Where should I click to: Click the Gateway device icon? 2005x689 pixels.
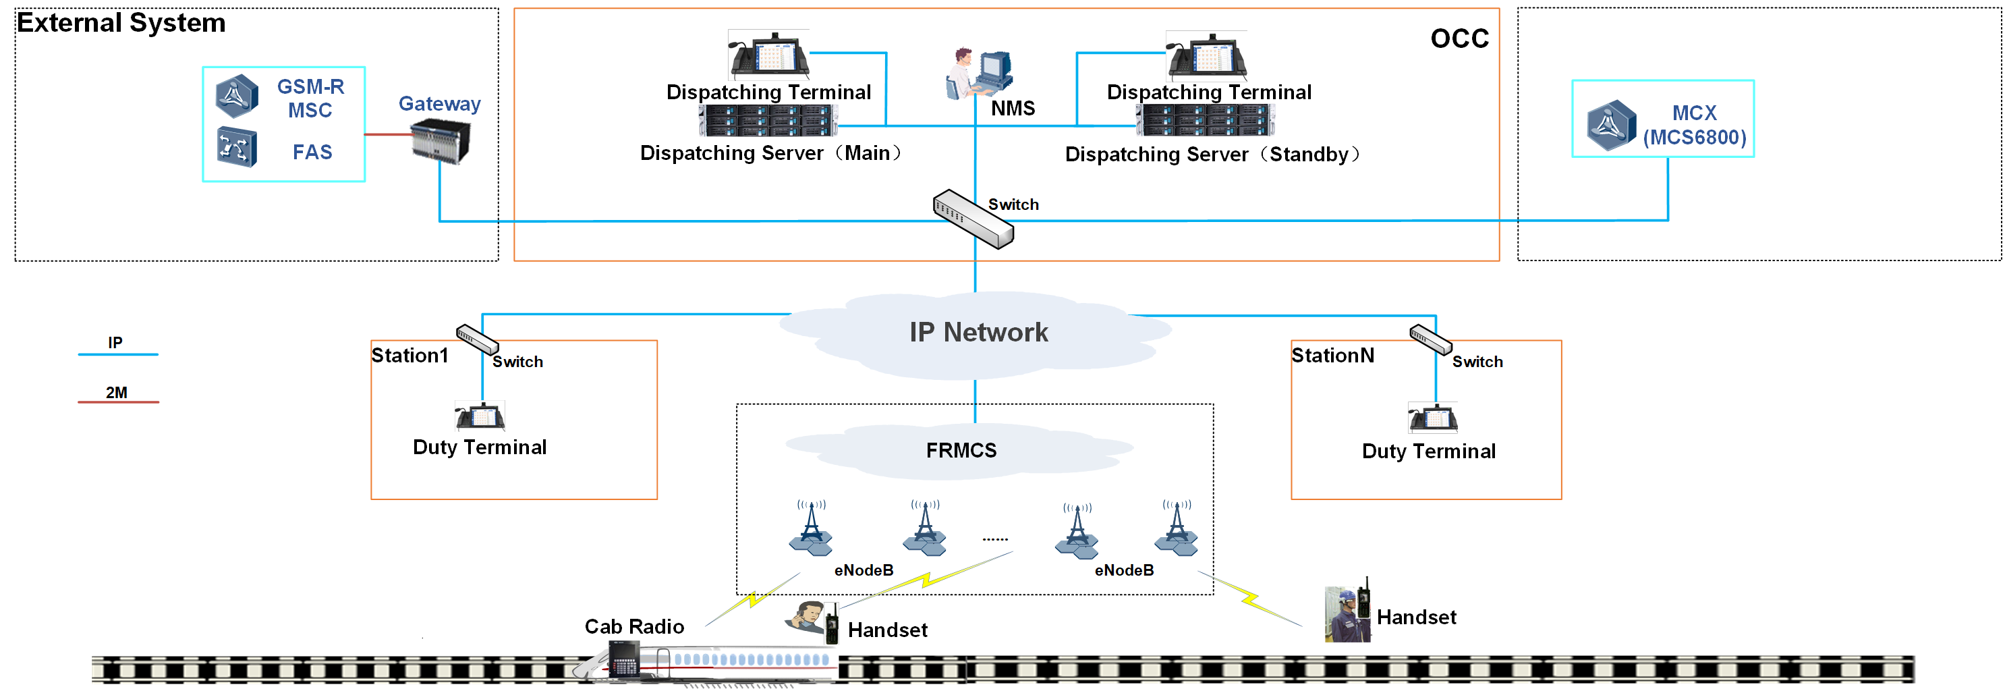[441, 142]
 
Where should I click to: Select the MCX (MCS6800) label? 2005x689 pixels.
[1695, 126]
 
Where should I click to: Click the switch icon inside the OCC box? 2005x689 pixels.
[973, 218]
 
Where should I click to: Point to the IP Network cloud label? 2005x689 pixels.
[978, 333]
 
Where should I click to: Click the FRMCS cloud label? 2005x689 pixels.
[961, 451]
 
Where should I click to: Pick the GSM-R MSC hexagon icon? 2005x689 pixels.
[237, 96]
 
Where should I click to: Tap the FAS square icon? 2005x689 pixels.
[237, 146]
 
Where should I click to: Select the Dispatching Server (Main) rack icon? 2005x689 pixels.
[768, 121]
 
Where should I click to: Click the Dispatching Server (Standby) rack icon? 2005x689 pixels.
[1206, 121]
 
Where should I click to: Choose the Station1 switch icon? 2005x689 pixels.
[477, 339]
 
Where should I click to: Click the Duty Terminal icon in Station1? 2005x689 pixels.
[480, 416]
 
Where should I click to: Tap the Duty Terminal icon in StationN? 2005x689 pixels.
[1433, 418]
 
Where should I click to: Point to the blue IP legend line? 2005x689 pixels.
[118, 355]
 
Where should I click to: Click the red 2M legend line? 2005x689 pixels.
[118, 402]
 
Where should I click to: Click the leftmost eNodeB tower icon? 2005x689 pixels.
[811, 529]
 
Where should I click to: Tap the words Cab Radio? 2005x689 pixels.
[634, 627]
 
